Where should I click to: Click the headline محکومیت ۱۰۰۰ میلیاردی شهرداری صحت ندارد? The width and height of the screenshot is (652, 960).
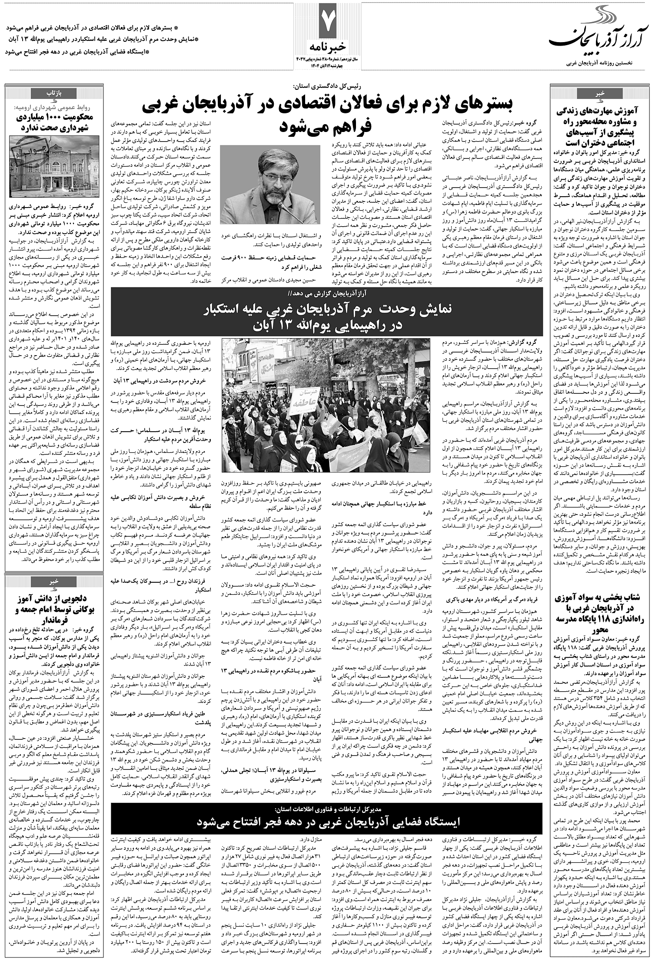coord(54,118)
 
